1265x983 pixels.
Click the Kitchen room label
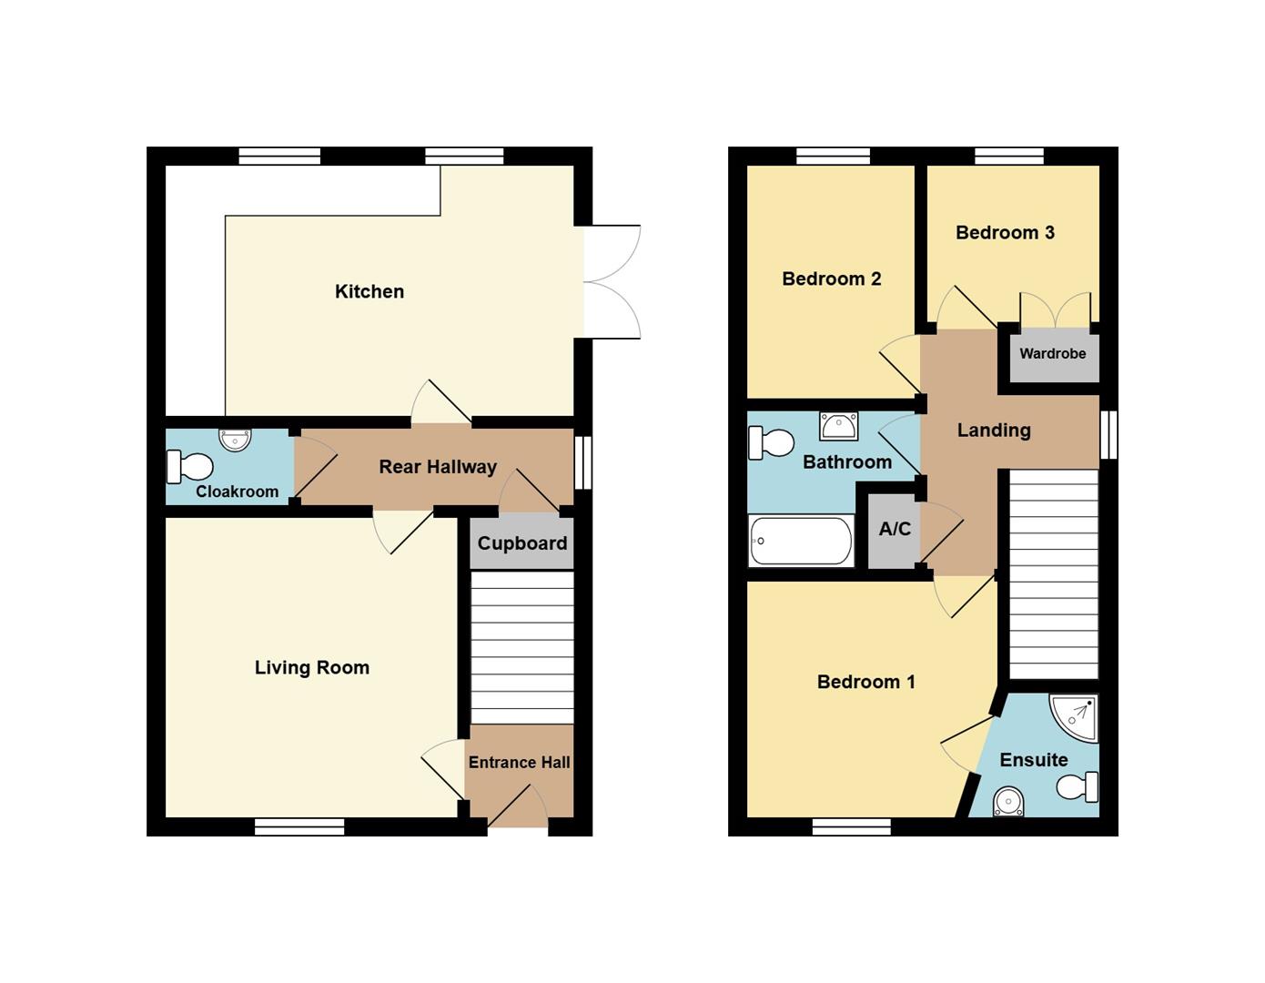click(369, 291)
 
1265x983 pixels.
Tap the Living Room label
click(312, 667)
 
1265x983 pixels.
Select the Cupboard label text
click(522, 543)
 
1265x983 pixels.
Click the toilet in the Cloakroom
click(190, 467)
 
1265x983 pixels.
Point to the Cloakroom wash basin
click(235, 440)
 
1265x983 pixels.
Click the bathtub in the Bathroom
click(801, 541)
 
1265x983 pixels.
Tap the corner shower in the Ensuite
click(1073, 718)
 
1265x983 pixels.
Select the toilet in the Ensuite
click(1077, 787)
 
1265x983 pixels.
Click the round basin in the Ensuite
click(1009, 803)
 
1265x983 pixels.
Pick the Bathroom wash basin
click(838, 426)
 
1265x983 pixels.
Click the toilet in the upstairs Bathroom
click(772, 442)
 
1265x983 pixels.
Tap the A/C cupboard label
click(895, 529)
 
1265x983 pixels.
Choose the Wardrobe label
click(1053, 353)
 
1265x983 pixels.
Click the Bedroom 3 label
click(1005, 233)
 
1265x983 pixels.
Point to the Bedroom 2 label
click(831, 279)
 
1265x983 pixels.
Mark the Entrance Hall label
click(520, 762)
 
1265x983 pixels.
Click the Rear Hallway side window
click(582, 462)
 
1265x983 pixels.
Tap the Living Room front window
click(299, 827)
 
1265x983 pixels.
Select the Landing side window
click(1108, 435)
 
